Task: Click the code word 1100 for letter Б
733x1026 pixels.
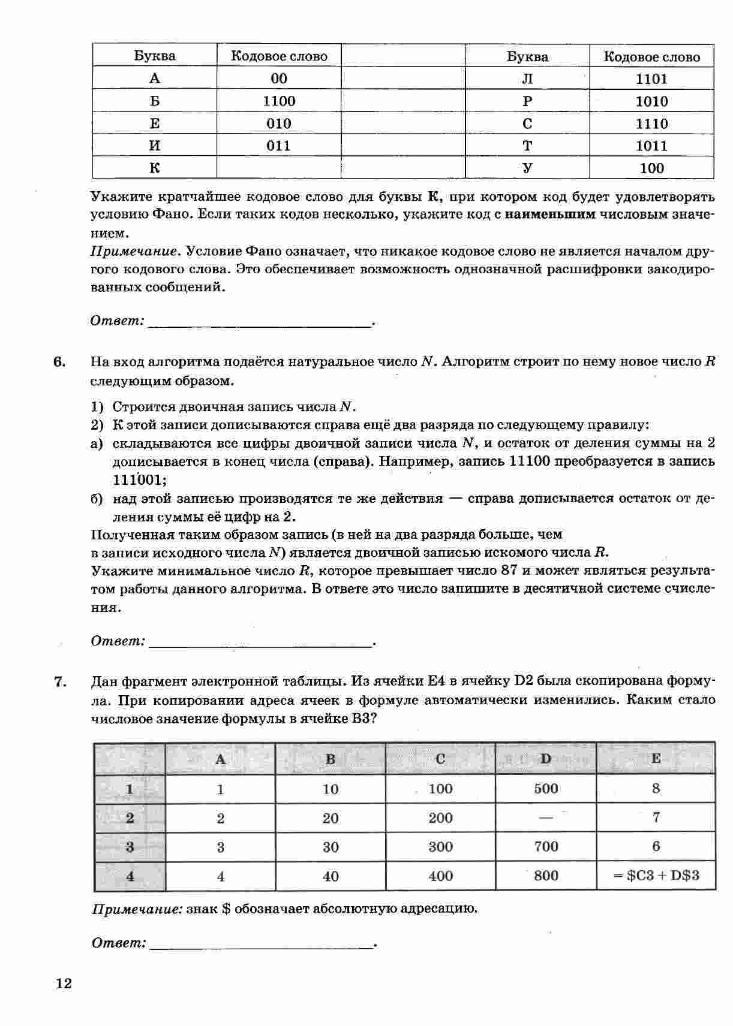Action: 279,101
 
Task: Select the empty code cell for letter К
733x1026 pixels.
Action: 279,168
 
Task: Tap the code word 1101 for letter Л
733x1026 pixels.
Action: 651,79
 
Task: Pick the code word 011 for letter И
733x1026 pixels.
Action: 279,146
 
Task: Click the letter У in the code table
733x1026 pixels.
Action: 527,168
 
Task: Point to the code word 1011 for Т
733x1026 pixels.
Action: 651,146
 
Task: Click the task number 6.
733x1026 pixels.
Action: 59,362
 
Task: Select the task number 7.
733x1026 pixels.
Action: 59,681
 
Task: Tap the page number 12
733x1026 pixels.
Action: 64,983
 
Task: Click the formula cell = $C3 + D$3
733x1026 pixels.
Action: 656,876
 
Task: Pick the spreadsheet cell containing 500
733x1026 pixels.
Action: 546,789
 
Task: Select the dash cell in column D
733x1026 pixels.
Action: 546,817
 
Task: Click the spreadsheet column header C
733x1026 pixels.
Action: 440,759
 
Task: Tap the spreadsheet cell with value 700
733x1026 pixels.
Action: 546,847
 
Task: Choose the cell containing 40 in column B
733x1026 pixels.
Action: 331,876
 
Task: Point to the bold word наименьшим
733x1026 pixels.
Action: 550,215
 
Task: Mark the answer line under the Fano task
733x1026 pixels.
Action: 259,324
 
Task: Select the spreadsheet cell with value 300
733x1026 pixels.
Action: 440,847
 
